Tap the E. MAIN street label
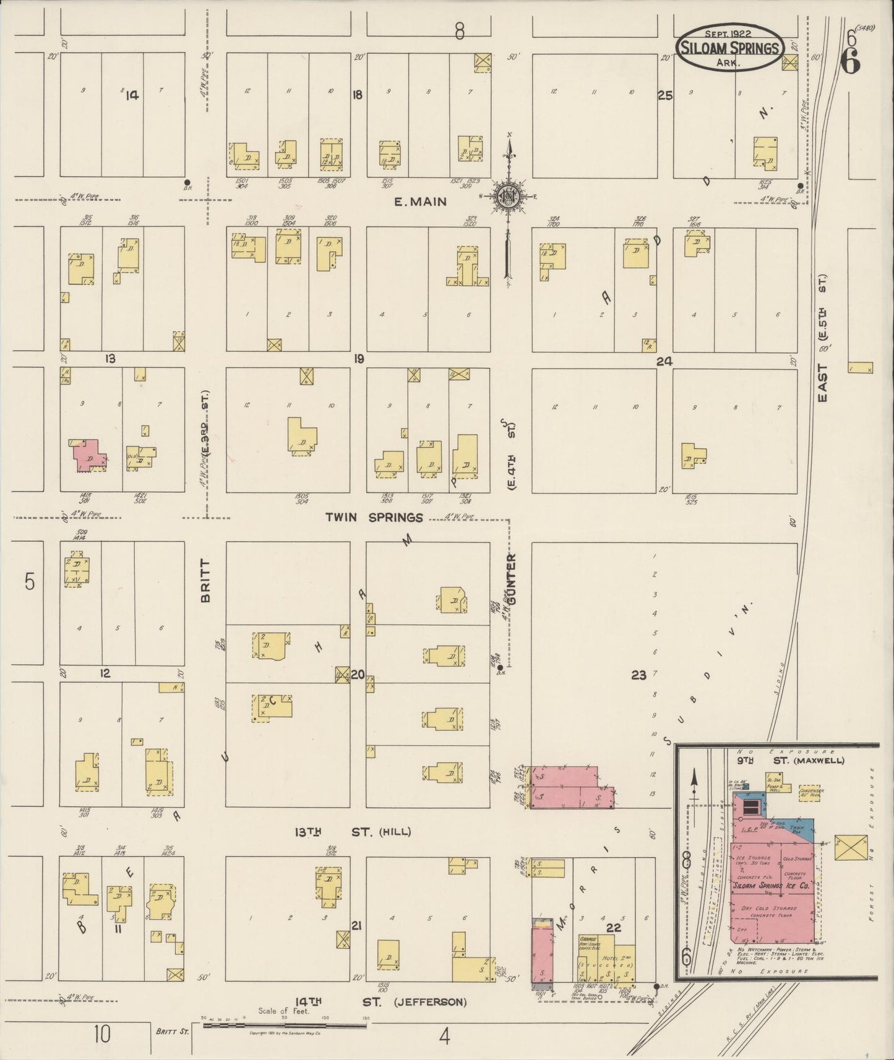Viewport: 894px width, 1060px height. tap(421, 202)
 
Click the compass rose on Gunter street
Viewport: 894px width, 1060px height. tap(509, 197)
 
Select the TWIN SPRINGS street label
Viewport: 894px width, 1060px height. tap(374, 517)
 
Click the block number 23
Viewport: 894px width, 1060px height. tap(638, 675)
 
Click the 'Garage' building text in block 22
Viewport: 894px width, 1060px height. tap(588, 938)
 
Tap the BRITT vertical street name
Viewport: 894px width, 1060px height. tap(206, 581)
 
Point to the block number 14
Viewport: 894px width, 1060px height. tap(132, 95)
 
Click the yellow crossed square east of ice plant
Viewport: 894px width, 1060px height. tap(851, 847)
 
